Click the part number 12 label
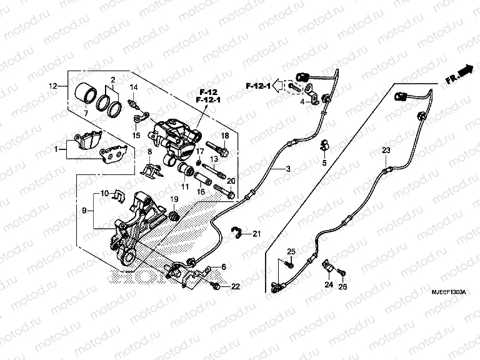53,85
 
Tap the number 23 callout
386,151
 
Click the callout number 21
256,234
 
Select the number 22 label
235,286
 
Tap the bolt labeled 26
341,272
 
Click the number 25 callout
290,251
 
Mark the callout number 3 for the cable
288,169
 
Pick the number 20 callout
230,181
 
